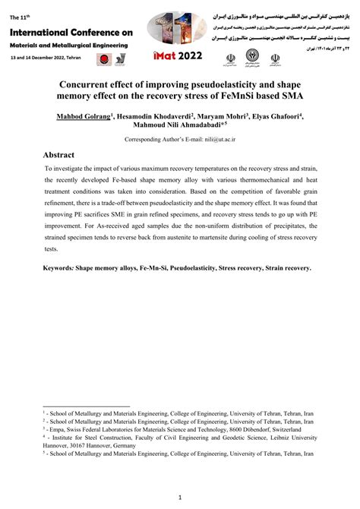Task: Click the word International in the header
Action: [x=39, y=33]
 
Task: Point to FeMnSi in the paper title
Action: [x=248, y=96]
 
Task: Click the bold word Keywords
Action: [x=59, y=269]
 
